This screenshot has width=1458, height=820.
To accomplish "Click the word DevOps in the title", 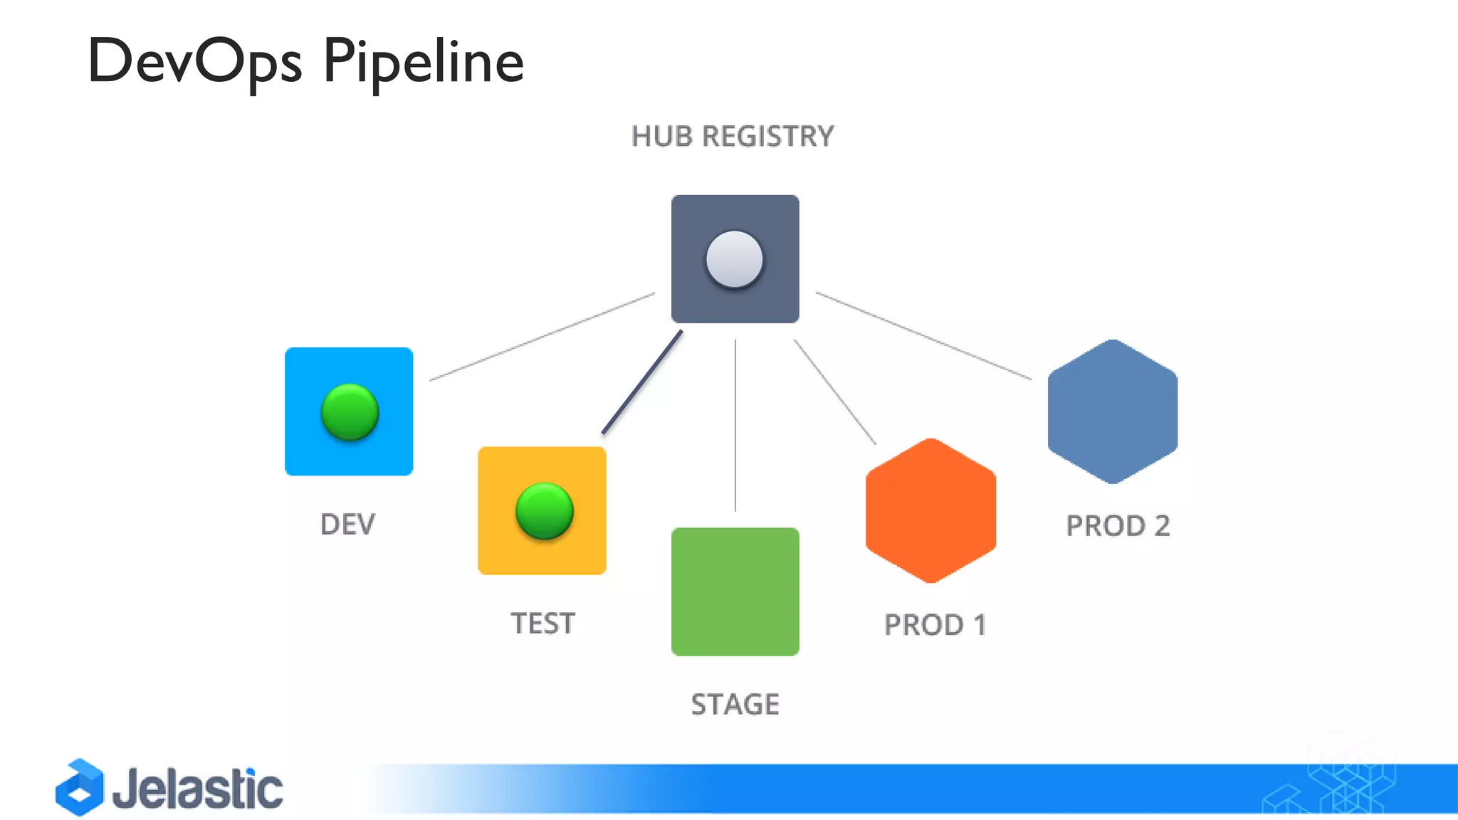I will coord(194,62).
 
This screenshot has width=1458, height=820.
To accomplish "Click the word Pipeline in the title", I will coord(423,62).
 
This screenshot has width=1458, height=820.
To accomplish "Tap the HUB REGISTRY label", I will coord(732,137).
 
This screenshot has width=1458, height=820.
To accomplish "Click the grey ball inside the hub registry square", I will coord(734,260).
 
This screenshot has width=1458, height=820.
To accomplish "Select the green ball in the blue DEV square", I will coord(350,412).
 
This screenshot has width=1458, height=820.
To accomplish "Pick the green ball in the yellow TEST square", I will coord(544,511).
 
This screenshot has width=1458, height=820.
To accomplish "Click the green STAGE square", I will coord(735,592).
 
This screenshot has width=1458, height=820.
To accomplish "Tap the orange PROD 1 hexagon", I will coord(930,511).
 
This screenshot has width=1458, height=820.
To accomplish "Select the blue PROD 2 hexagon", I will coord(1112,412).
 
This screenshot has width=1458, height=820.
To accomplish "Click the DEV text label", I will coord(347,525).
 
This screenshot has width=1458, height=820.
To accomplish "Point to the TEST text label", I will coord(542,624).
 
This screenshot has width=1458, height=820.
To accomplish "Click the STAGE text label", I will coord(735,705).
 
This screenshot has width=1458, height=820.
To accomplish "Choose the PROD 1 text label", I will coord(935,625).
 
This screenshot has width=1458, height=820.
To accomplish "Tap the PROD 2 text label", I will coord(1118,526).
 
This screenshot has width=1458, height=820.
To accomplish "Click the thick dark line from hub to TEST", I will coord(642,382).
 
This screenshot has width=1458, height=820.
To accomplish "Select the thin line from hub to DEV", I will coord(541,337).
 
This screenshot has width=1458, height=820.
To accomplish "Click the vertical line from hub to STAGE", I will coord(735,426).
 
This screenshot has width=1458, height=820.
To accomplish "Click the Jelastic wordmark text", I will coord(197,789).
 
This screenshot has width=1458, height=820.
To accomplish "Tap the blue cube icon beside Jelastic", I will coord(80,787).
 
